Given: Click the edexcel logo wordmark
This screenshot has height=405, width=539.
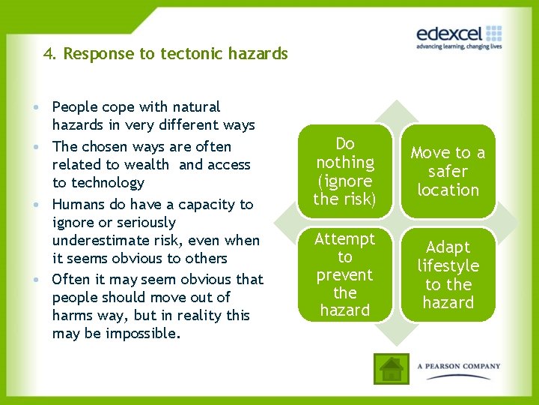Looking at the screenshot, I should tap(450, 34).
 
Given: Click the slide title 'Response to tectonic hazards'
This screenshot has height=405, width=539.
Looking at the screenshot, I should tap(175, 54).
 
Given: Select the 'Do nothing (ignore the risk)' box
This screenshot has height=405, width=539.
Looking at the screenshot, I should tap(344, 171).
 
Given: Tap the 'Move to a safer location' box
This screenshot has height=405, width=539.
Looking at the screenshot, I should tap(448, 171).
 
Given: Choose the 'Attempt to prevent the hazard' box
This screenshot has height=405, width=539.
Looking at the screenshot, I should tap(344, 274).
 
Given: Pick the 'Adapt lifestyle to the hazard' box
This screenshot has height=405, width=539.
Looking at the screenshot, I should tap(448, 274).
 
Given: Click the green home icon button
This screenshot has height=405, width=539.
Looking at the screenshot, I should tap(392, 368).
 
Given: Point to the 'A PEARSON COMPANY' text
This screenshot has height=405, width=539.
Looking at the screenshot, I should tap(459, 367).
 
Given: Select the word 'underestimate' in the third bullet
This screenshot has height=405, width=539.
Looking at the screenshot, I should tap(98, 240).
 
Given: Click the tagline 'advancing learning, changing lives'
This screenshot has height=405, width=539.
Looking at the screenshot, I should tap(459, 46).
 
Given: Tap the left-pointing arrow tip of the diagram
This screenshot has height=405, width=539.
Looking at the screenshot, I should tap(278, 223).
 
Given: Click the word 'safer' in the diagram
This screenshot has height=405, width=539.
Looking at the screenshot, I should tap(448, 171).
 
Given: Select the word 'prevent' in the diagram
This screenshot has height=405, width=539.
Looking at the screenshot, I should tap(344, 274).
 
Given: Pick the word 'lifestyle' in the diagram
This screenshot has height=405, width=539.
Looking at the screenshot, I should tap(448, 265).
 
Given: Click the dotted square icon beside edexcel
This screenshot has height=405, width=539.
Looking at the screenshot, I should tap(493, 33).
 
